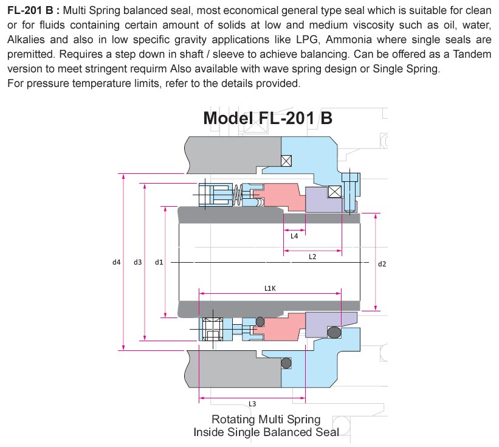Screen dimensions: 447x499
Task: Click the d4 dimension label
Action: coord(116,262)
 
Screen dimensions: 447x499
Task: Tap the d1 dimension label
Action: coord(158,262)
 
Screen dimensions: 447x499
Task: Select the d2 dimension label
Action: coord(382,264)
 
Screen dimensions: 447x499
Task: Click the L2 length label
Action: coord(312,257)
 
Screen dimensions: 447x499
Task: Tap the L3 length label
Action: coord(252,404)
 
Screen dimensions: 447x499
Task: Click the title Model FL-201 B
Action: coord(267,117)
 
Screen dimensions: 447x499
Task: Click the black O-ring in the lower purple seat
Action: coord(333,332)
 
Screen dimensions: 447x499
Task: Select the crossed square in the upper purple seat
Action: coord(334,192)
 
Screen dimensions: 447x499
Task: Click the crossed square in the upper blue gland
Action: coord(287,160)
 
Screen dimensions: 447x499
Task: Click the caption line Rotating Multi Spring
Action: coord(266,420)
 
